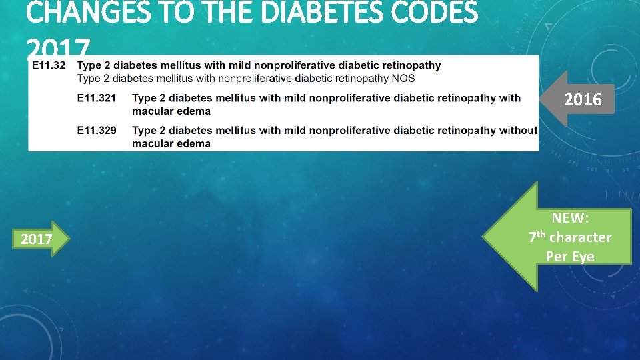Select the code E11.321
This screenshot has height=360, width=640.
point(97,98)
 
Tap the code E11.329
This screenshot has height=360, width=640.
point(97,130)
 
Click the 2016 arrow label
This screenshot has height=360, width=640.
point(583,100)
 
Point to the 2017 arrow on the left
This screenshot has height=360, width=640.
point(37,239)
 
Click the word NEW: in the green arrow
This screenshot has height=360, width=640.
point(570,217)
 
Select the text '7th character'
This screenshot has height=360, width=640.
point(570,237)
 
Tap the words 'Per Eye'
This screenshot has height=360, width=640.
point(570,256)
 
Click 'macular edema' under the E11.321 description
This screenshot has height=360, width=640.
point(171,111)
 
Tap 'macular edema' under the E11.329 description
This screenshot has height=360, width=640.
point(171,143)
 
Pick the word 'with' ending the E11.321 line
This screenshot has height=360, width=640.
point(510,98)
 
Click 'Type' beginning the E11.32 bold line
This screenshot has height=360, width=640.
point(89,65)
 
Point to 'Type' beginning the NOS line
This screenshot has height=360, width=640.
point(89,78)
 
